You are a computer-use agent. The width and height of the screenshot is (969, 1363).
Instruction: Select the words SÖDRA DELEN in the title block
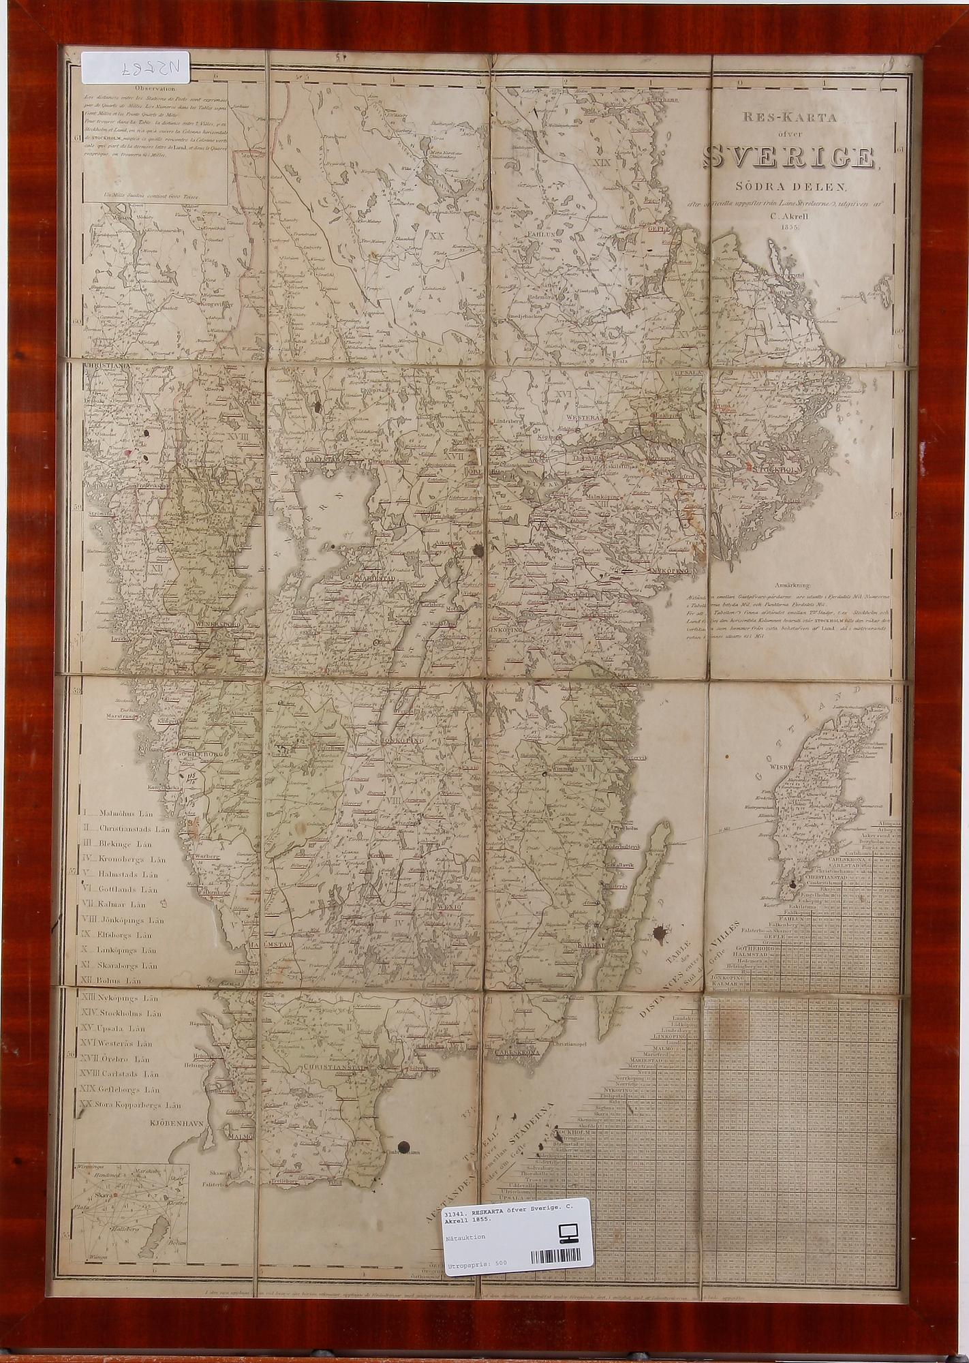point(790,186)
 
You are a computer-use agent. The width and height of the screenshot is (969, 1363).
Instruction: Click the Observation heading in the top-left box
point(155,88)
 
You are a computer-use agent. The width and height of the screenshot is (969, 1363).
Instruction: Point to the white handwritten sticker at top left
point(136,67)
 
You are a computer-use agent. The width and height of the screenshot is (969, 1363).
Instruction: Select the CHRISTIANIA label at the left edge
point(106,367)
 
